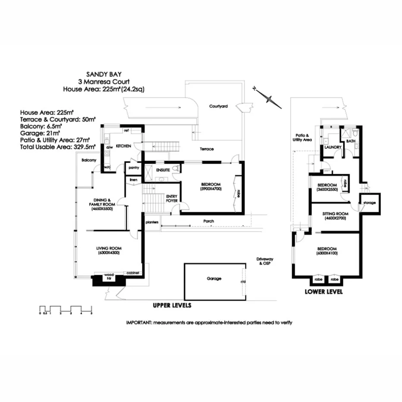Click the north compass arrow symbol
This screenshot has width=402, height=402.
point(268,98)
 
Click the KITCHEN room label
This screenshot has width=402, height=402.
point(123,147)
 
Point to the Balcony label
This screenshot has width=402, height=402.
point(88,160)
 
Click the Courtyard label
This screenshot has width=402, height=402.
point(218,106)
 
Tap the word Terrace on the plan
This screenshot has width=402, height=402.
point(206,149)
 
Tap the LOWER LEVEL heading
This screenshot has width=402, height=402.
point(323,292)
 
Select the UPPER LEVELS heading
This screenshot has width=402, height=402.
point(172,305)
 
